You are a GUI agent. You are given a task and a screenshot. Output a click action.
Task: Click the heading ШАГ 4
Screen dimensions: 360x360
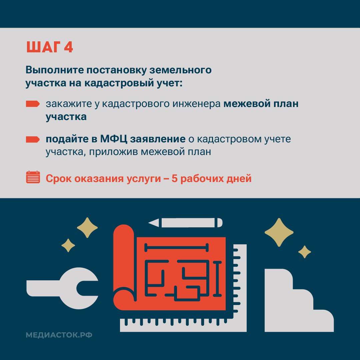tap(50, 47)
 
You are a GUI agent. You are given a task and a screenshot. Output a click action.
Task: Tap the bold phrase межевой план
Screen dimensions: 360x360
tap(261, 104)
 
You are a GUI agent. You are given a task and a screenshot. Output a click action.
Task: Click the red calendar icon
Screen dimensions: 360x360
tap(33, 177)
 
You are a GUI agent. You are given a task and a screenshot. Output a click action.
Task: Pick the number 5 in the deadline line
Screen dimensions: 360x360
tap(174, 179)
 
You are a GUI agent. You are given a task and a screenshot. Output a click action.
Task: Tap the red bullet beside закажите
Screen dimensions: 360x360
tap(33, 104)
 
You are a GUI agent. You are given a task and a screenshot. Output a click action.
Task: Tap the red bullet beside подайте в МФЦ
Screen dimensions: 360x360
tap(33, 139)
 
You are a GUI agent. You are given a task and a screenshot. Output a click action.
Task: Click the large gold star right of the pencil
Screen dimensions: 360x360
tap(279, 232)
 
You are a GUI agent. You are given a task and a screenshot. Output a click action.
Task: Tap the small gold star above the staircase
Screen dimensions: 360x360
tap(304, 252)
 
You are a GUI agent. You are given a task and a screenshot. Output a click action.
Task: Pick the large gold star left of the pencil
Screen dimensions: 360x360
tap(87, 228)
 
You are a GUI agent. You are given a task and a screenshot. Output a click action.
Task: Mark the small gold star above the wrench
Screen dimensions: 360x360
tap(68, 246)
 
